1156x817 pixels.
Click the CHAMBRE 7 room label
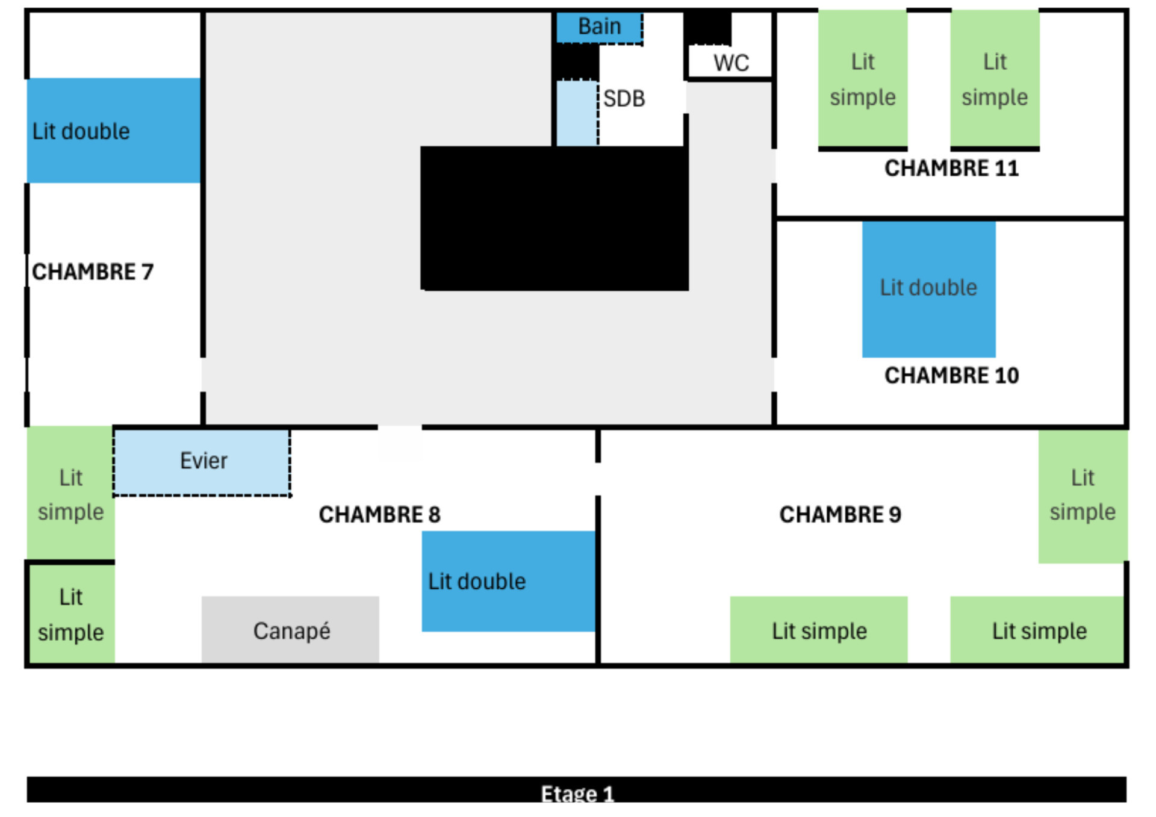[93, 272]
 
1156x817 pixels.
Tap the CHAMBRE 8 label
[379, 515]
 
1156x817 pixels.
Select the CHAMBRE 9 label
[840, 515]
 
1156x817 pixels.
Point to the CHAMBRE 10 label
[951, 376]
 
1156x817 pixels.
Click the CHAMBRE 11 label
[951, 169]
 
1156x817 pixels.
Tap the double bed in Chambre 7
[113, 131]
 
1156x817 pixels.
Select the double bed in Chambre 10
[928, 289]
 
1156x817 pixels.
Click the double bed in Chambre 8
[508, 581]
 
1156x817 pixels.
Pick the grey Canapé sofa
[290, 630]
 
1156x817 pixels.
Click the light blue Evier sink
[202, 462]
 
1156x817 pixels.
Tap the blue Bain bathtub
[599, 27]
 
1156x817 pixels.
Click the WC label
[731, 63]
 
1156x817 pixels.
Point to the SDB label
[624, 99]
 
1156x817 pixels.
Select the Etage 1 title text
[577, 794]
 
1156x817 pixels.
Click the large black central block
[554, 218]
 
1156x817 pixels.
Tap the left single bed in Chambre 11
[862, 79]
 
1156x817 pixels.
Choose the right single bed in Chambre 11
[995, 79]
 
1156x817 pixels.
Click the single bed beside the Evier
[70, 493]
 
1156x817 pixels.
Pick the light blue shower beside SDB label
[577, 113]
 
